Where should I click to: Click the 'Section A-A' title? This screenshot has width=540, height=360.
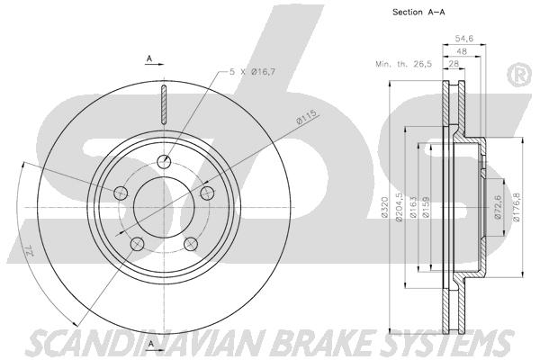[418, 12]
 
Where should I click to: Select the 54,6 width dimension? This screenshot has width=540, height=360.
[463, 39]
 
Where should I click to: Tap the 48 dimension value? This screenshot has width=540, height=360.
[461, 51]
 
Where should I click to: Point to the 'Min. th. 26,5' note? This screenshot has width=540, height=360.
[403, 64]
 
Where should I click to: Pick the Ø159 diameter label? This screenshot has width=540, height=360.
[426, 207]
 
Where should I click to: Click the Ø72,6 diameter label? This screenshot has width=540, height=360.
[498, 207]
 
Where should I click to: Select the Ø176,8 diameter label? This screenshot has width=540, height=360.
[516, 207]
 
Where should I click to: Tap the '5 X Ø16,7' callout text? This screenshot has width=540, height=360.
[252, 72]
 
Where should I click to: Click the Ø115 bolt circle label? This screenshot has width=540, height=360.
[305, 117]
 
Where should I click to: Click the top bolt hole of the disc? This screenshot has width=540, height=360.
[164, 160]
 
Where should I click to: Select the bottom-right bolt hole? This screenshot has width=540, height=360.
[191, 244]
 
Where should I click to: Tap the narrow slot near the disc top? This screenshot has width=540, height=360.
[164, 103]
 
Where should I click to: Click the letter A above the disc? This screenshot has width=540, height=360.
[149, 58]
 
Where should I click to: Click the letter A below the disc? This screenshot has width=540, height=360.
[150, 345]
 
